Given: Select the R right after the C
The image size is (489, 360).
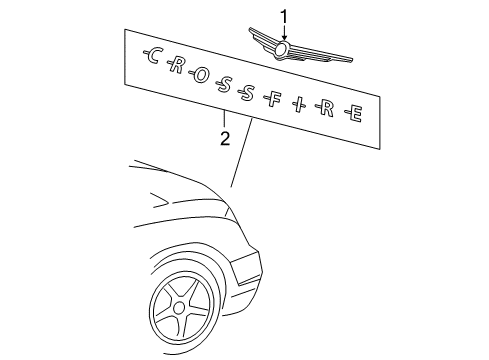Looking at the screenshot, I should point(177,67).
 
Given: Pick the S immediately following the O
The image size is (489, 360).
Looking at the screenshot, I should point(225,83).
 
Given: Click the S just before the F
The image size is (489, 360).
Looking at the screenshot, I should point(248,90).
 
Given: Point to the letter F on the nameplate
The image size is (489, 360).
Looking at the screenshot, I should point(275,97).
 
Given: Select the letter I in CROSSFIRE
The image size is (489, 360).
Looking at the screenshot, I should point(300,103).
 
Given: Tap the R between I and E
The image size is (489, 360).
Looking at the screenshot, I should point(327,109).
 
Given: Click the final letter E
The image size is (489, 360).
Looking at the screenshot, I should point(355,116).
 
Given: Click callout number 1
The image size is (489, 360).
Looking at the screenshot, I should point(283,15).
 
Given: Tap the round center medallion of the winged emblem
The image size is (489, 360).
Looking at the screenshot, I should point(283,48).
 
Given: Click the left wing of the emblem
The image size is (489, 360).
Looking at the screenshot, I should point(262,43).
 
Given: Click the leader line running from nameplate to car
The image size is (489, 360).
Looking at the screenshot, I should point(241,155).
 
